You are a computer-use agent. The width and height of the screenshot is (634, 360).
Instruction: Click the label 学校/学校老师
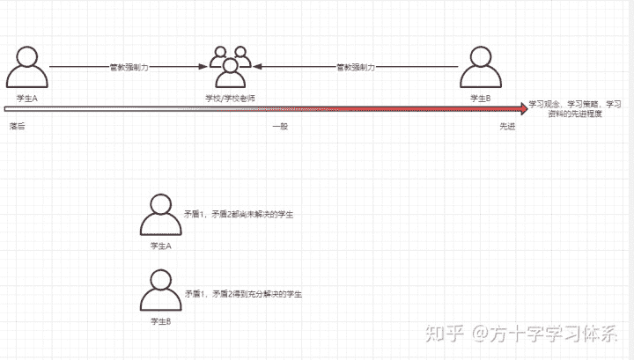pyautogui.click(x=230, y=97)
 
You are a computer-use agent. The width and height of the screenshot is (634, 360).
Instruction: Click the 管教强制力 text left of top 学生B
pyautogui.click(x=357, y=67)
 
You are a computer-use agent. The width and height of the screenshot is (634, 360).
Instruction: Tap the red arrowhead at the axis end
pyautogui.click(x=523, y=108)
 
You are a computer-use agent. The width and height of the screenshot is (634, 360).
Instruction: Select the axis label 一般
pyautogui.click(x=280, y=127)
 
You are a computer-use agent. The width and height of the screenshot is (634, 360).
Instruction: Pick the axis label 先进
pyautogui.click(x=508, y=127)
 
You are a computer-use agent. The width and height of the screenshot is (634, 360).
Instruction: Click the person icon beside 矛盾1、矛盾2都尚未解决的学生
pyautogui.click(x=161, y=215)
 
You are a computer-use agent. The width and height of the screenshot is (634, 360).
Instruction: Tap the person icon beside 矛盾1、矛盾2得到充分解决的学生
pyautogui.click(x=161, y=292)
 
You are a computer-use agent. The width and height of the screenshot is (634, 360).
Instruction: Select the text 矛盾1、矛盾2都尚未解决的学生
pyautogui.click(x=238, y=215)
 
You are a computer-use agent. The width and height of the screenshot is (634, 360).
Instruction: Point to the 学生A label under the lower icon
pyautogui.click(x=161, y=246)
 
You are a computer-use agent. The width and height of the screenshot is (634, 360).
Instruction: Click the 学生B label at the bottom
pyautogui.click(x=161, y=323)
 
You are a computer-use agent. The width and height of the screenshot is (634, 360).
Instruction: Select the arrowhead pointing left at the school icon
pyautogui.click(x=259, y=67)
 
